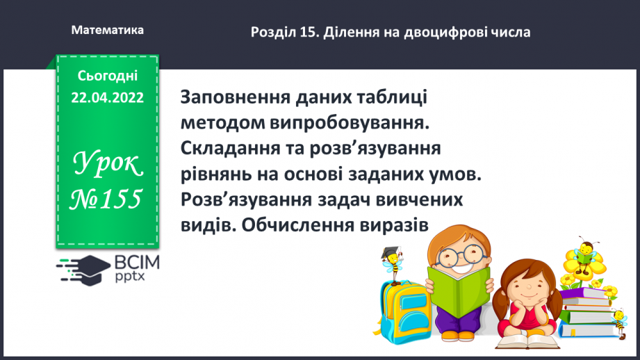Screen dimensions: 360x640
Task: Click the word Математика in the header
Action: (108, 30)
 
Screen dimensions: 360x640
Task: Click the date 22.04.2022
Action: (107, 98)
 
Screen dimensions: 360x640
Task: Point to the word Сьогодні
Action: (108, 76)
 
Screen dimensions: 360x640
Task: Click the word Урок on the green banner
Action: (107, 165)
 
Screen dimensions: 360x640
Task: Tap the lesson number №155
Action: (107, 200)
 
